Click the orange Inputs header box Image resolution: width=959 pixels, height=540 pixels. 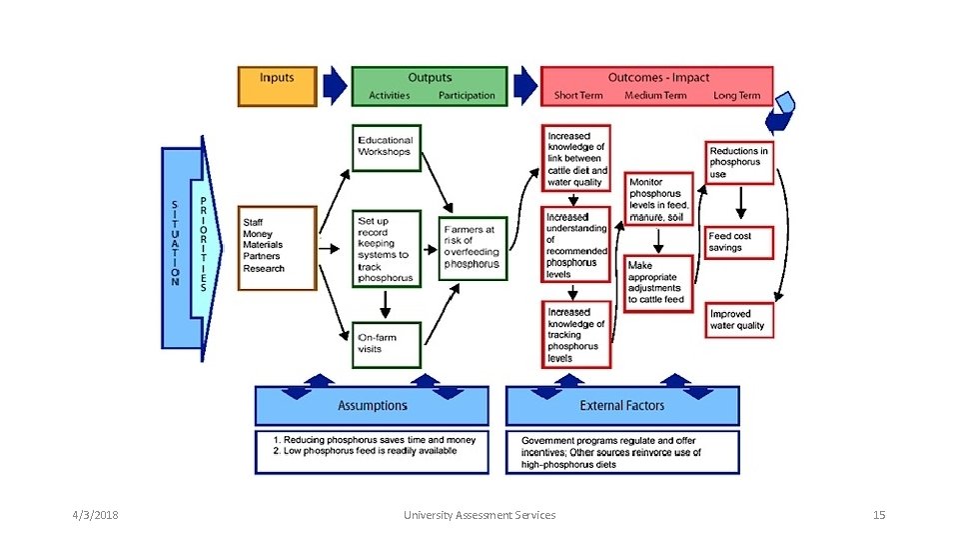tap(277, 86)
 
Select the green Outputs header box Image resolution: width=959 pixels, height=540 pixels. tap(430, 86)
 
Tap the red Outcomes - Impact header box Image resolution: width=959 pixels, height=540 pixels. tap(657, 86)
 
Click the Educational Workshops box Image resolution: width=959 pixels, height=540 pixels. tap(387, 148)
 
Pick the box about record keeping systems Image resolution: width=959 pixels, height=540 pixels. tap(387, 248)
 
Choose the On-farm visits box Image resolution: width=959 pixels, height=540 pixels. tap(387, 344)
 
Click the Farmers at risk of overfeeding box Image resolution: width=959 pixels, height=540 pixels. tap(473, 248)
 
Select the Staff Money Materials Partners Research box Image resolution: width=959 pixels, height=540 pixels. tap(277, 248)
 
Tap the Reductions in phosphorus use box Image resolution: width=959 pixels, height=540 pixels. tap(739, 162)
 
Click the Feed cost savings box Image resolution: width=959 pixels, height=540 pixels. tap(739, 242)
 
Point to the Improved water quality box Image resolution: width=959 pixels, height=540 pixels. tap(739, 319)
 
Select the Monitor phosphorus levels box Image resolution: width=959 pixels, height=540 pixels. tap(659, 199)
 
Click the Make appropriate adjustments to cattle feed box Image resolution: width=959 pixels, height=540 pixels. tap(659, 284)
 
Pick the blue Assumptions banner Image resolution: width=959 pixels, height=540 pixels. tap(373, 406)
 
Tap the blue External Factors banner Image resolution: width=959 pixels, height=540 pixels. tap(622, 406)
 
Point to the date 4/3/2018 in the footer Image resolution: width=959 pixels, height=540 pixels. tap(95, 515)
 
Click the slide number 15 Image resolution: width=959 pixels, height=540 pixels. tap(879, 515)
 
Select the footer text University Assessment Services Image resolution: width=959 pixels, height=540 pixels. tap(479, 515)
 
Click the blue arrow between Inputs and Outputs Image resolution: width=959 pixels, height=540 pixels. tap(335, 86)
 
